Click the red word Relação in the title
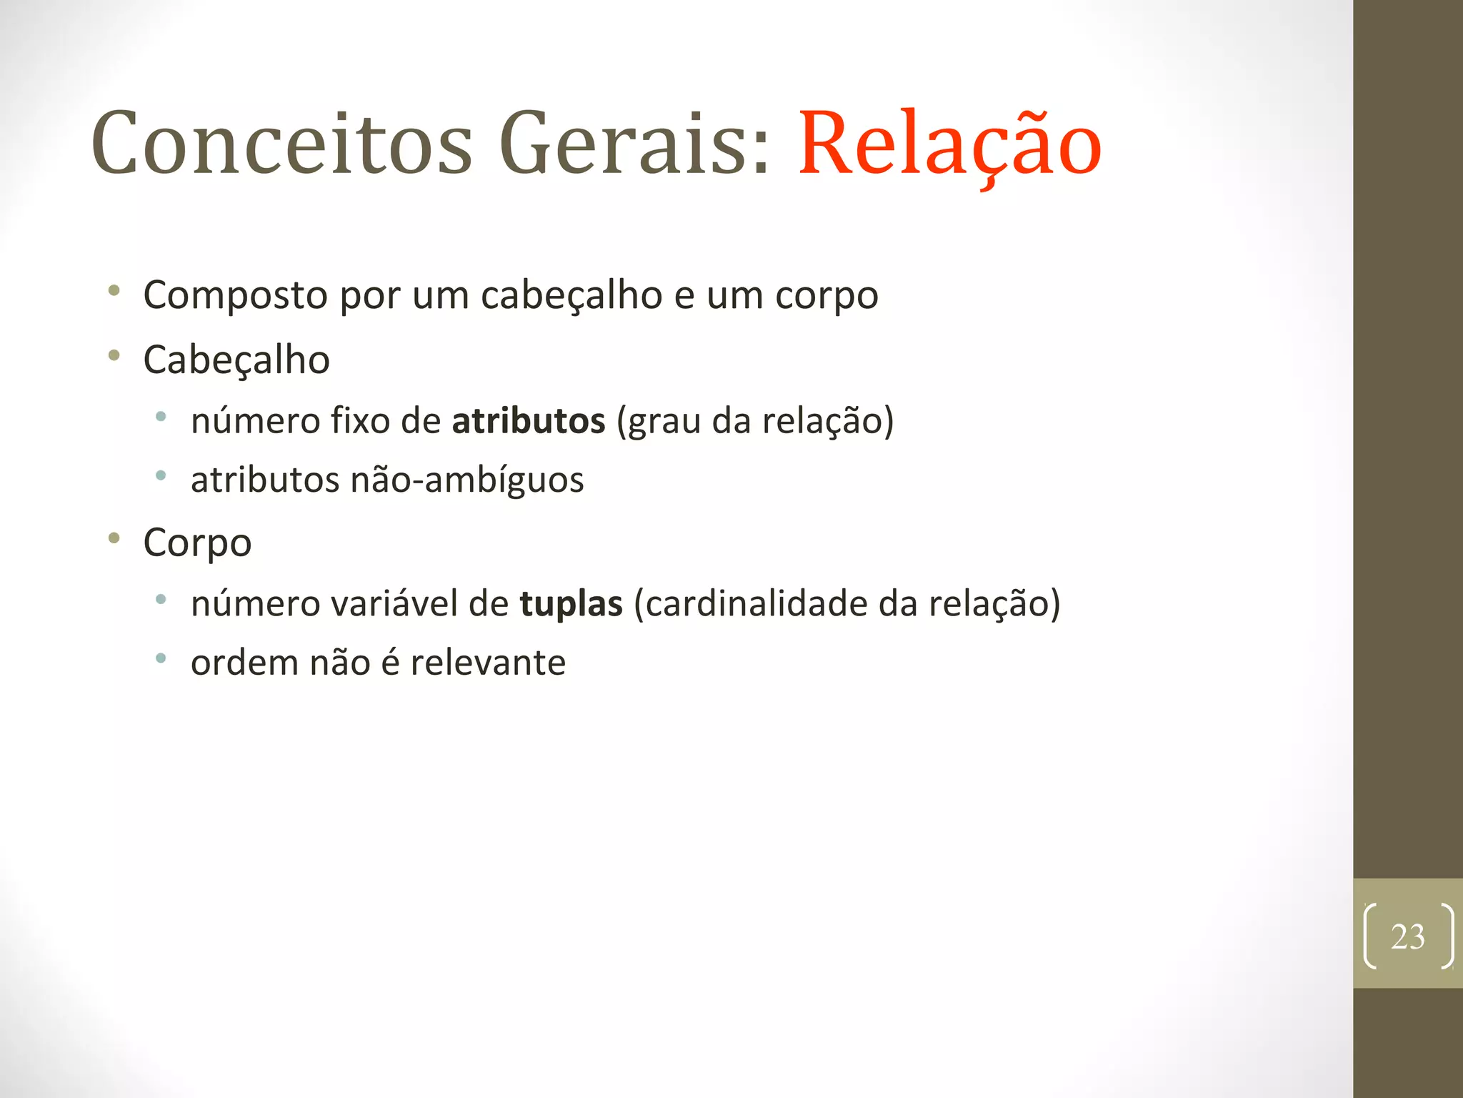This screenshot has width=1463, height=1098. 949,145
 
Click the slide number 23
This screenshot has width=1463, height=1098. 1407,936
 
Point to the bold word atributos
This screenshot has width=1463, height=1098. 529,421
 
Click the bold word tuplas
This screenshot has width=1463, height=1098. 571,604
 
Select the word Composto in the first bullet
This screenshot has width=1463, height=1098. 235,295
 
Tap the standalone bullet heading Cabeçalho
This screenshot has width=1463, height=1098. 236,360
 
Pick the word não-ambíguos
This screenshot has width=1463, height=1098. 467,480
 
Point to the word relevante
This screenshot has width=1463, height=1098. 488,663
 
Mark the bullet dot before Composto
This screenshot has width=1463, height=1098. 114,291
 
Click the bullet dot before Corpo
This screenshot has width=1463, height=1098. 114,538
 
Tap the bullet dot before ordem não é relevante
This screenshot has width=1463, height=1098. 161,658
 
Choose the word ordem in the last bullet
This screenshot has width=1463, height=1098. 244,663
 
